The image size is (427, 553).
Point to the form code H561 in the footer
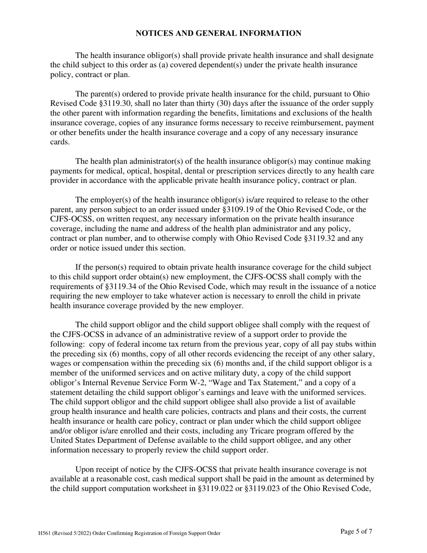pos(45,533)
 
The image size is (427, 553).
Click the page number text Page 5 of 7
pos(356,532)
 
